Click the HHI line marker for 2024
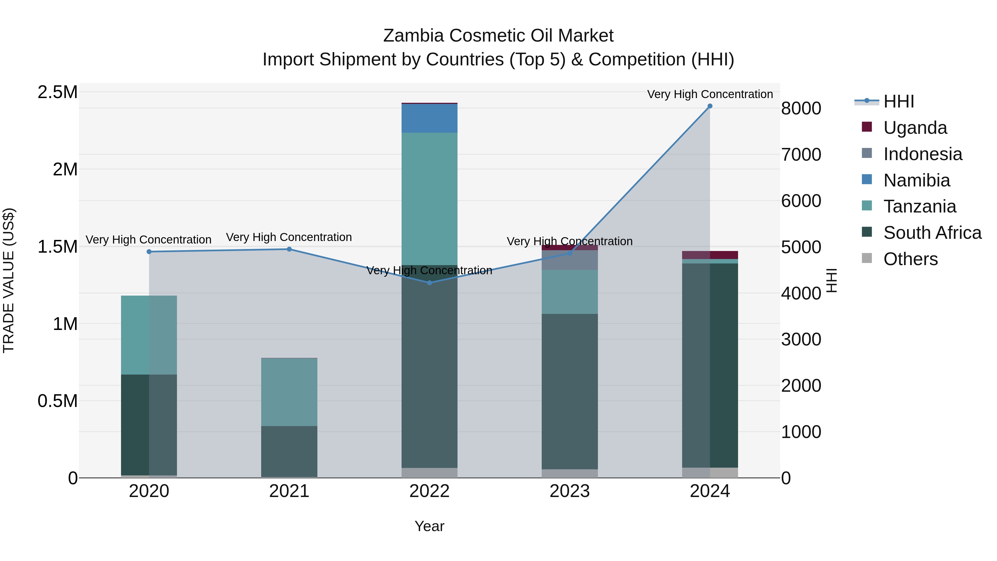[710, 106]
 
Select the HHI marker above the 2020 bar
[149, 252]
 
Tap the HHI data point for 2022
[429, 283]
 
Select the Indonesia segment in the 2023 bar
[569, 260]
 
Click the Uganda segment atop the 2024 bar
[710, 255]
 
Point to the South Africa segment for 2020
[149, 424]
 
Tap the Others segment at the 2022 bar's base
[429, 473]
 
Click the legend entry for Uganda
[915, 128]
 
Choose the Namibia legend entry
[916, 180]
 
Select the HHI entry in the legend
[898, 101]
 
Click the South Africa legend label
[932, 233]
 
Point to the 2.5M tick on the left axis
[57, 92]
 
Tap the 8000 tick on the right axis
[801, 108]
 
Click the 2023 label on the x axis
[569, 491]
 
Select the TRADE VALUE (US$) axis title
[9, 280]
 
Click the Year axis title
[429, 526]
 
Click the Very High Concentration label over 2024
[710, 94]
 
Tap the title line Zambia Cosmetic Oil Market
[498, 36]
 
